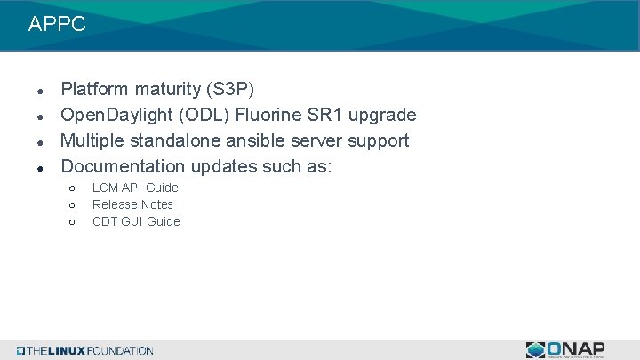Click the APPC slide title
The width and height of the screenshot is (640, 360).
click(x=57, y=25)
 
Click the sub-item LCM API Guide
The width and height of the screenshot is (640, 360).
click(x=135, y=188)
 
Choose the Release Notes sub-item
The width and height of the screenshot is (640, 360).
click(x=132, y=204)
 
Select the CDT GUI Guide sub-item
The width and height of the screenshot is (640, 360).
click(x=136, y=221)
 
